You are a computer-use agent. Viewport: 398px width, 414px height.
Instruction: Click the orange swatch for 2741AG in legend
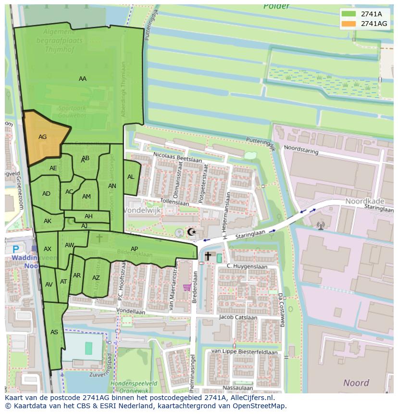(x=349, y=24)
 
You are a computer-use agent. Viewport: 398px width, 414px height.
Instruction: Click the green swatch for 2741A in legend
(x=349, y=14)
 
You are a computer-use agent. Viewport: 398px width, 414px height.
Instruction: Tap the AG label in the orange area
(x=42, y=137)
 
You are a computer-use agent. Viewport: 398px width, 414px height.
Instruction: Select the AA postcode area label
(x=83, y=79)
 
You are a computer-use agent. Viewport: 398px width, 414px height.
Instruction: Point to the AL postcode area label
(x=131, y=177)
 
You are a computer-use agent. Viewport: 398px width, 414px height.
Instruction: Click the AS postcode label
(x=54, y=332)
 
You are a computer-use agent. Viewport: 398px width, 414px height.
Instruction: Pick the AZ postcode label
(x=96, y=278)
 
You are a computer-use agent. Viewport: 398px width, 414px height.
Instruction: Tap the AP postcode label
(x=134, y=249)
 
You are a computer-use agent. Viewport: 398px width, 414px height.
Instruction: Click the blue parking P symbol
(x=16, y=249)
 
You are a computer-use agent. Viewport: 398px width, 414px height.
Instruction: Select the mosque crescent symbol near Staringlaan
(x=191, y=232)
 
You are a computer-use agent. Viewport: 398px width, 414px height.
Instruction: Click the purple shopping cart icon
(x=187, y=288)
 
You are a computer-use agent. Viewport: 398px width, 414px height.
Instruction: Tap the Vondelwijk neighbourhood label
(x=142, y=211)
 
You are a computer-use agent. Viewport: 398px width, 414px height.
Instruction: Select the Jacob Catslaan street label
(x=236, y=317)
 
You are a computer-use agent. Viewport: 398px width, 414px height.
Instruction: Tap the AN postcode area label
(x=112, y=186)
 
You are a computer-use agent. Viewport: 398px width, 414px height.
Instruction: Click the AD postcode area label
(x=46, y=194)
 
